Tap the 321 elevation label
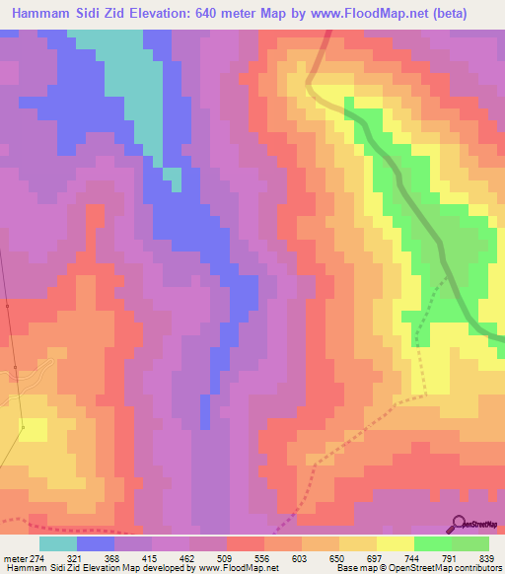[x=87, y=557]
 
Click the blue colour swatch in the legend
[x=96, y=543]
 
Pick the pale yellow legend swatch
[x=396, y=543]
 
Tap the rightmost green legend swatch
[x=470, y=543]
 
